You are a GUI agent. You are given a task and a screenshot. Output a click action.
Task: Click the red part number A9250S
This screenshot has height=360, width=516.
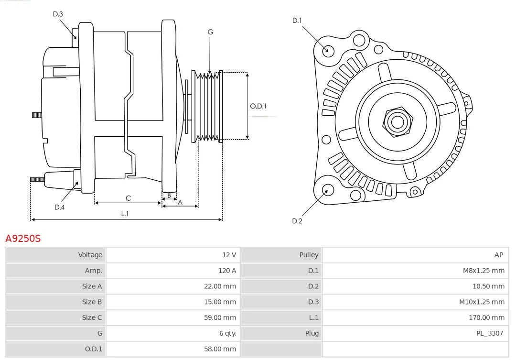coord(23,238)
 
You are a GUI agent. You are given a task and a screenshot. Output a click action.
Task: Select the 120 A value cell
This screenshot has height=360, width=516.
coord(227,271)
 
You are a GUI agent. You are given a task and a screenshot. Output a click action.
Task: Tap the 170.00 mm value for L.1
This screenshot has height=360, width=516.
coord(486,317)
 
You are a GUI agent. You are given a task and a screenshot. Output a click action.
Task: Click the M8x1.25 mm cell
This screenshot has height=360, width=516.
coord(484,271)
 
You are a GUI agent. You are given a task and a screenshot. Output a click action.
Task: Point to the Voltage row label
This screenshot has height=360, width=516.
coord(90,255)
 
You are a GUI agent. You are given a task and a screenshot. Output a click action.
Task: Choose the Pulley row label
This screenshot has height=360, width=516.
coord(309,255)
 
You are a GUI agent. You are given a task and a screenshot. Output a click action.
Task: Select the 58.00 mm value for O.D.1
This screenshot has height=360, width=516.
coord(220,349)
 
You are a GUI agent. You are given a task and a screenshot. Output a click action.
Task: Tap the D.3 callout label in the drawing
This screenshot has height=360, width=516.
coord(58,14)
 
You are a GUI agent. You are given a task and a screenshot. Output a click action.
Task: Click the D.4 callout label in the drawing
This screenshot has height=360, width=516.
coord(59,207)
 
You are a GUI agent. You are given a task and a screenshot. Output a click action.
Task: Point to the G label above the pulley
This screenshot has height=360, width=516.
coord(210,32)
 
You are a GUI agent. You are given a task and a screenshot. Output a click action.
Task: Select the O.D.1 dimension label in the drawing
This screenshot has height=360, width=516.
coord(258,106)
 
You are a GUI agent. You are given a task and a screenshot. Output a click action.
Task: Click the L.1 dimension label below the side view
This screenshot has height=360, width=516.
coord(124,214)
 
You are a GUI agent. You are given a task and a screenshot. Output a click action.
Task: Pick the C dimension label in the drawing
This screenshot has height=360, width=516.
coord(128,198)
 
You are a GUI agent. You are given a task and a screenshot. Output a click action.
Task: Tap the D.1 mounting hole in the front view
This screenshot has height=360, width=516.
coord(328,50)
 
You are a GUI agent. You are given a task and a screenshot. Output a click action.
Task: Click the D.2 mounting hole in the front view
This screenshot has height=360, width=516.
coord(327,190)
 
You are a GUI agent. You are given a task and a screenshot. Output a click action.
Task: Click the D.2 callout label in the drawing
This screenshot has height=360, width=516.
coord(297,221)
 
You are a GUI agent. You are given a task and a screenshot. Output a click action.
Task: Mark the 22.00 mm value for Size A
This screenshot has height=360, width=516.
coord(220,286)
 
